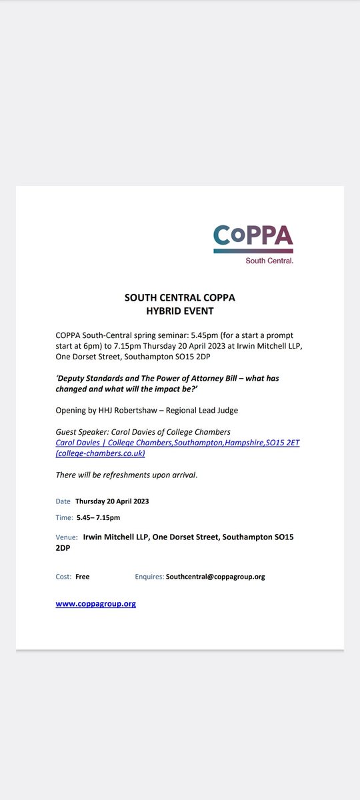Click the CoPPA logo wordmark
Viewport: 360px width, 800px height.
(x=253, y=236)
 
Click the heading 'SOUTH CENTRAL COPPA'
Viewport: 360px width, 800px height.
(x=180, y=297)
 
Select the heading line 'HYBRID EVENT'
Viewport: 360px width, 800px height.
(x=180, y=310)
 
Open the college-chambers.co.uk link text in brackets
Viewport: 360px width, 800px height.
(x=100, y=453)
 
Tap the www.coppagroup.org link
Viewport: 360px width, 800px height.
(x=95, y=604)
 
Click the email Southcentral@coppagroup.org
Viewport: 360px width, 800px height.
(x=215, y=577)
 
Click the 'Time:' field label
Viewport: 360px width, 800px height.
(x=65, y=517)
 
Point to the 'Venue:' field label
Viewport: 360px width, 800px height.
(x=67, y=537)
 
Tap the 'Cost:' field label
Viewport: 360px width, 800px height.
(x=64, y=577)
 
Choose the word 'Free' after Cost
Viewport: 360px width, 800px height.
(x=82, y=577)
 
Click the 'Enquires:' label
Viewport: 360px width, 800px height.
(x=149, y=577)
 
